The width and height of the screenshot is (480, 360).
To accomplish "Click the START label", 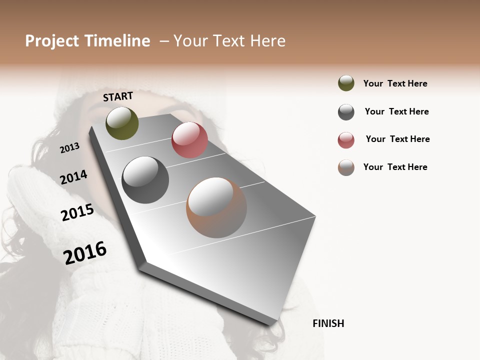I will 118,96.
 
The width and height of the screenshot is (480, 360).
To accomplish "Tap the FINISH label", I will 328,323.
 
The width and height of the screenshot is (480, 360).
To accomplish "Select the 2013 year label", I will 70,147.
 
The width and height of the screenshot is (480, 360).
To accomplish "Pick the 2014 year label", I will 73,177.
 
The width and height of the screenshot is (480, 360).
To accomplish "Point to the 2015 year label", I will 77,212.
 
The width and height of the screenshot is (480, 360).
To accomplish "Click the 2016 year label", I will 85,252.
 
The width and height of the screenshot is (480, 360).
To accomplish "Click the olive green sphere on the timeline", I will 122,123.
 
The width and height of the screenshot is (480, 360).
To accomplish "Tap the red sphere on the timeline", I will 189,140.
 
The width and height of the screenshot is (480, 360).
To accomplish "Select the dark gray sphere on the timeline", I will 145,180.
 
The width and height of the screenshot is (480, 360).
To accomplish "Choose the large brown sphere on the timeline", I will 216,207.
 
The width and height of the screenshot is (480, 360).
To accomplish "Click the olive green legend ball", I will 346,83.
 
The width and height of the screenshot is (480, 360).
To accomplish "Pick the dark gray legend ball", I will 346,112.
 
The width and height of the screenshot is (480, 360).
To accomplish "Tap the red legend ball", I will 346,140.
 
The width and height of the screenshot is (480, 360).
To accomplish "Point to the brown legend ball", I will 346,167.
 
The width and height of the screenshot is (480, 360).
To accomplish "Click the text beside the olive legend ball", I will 395,83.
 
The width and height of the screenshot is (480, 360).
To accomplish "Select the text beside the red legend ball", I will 397,139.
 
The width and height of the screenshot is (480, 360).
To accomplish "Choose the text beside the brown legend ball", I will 395,167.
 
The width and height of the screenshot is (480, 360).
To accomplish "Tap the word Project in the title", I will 51,41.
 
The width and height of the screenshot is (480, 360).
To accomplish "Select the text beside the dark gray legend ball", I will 396,111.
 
